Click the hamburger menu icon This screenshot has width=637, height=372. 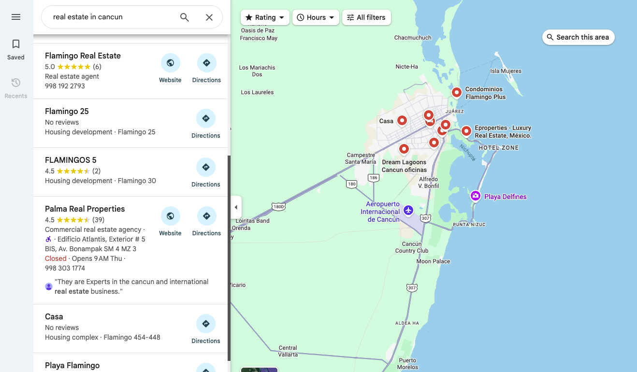tap(16, 17)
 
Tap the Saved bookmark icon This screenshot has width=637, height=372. tap(16, 44)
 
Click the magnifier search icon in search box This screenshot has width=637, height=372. tap(185, 17)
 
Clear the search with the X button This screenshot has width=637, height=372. tap(209, 17)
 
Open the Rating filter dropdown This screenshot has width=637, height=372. tap(265, 17)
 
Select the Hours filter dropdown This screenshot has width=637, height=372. tap(316, 17)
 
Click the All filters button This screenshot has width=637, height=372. tap(366, 17)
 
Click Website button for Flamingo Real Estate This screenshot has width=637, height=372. tap(170, 63)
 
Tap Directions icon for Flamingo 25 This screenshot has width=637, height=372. tap(206, 118)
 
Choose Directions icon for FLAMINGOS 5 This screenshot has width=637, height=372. tap(206, 167)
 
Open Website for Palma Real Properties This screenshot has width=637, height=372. tap(170, 216)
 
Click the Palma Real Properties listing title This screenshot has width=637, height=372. tap(85, 209)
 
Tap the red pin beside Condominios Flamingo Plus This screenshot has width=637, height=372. tap(457, 92)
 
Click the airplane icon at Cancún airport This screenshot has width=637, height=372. tap(408, 210)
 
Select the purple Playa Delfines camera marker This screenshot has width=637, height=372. tap(476, 196)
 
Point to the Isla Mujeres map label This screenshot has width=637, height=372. tap(506, 71)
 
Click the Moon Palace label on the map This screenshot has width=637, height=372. tap(433, 261)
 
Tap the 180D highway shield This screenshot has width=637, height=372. tap(278, 206)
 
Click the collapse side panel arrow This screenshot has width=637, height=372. tap(236, 207)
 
